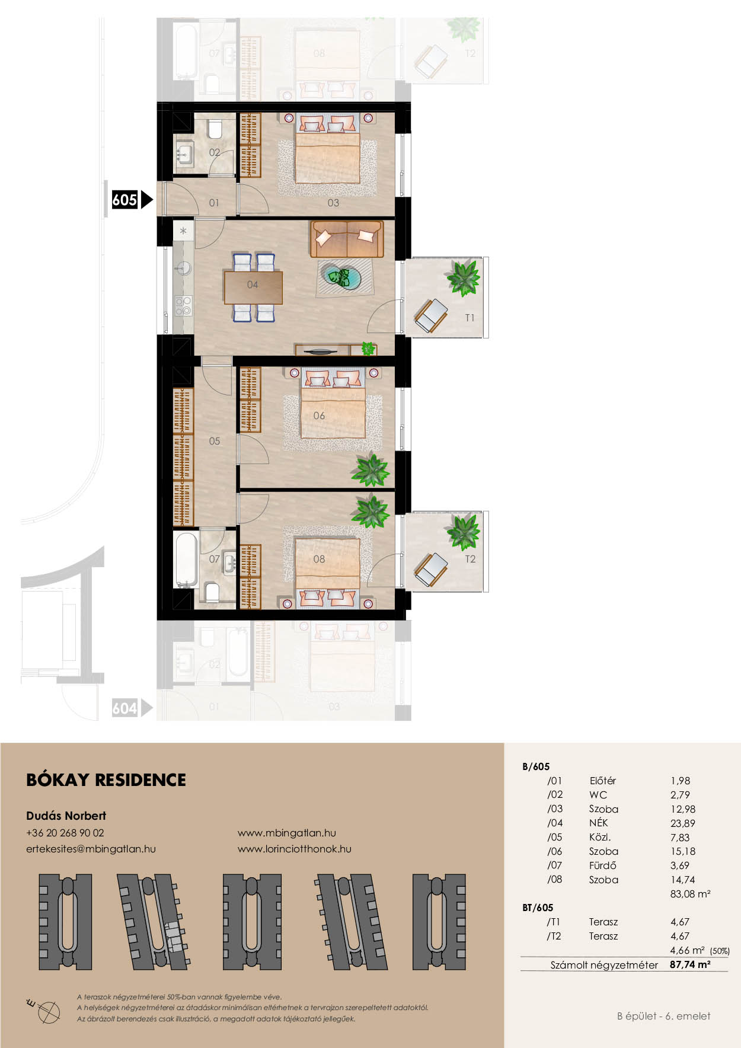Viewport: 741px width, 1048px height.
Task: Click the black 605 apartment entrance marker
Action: [132, 200]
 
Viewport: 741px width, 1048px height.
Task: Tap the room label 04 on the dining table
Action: [253, 285]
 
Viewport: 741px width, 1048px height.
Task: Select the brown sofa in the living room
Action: [347, 239]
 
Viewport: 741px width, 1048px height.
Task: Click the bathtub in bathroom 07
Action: [185, 559]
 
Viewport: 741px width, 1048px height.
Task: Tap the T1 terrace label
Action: [469, 318]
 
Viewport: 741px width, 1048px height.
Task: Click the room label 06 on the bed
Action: [319, 416]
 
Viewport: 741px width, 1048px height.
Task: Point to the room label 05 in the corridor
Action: [215, 441]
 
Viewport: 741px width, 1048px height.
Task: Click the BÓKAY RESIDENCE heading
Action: [106, 780]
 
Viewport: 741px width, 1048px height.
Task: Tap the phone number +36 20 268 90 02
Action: [65, 833]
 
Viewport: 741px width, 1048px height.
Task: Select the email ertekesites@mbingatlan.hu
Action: [91, 849]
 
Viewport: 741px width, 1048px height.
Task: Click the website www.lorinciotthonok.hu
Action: [295, 849]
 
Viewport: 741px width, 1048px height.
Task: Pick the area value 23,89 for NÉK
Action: [683, 823]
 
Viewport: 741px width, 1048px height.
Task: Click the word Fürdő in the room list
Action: [603, 865]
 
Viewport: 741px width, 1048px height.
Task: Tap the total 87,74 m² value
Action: [690, 964]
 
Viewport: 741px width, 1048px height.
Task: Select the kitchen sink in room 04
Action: [182, 269]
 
